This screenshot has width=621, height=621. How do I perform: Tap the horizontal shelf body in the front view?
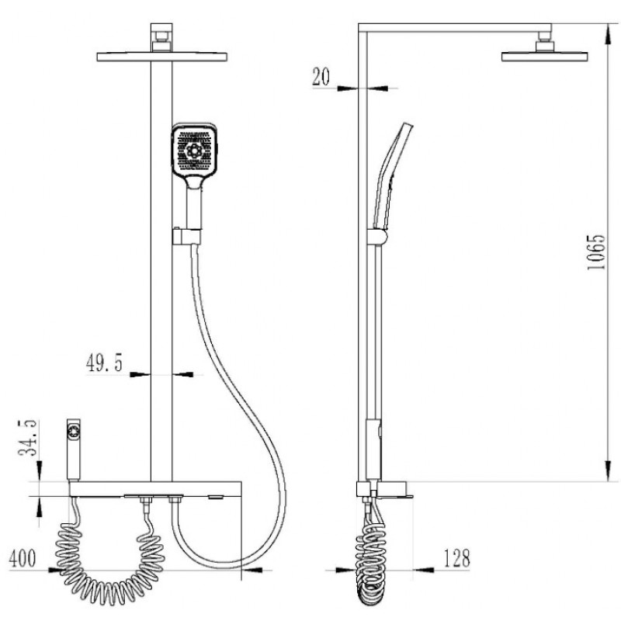pos(155,488)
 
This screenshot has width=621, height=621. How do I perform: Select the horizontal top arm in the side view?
pos(458,26)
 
